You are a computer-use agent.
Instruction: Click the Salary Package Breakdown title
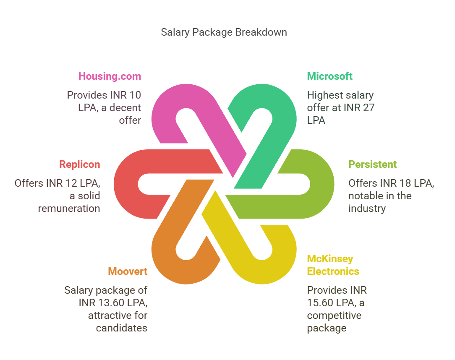click(224, 32)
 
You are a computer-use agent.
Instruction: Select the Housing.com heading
click(110, 76)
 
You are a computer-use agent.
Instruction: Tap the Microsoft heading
click(329, 76)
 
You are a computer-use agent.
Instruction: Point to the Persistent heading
click(372, 164)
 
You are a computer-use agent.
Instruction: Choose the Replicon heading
click(79, 164)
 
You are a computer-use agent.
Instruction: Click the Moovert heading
click(128, 271)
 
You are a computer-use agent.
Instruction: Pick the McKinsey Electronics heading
click(333, 265)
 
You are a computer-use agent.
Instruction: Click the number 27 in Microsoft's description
click(369, 108)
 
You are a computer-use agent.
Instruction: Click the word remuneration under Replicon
click(69, 209)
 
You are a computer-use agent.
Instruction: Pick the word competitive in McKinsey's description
click(334, 316)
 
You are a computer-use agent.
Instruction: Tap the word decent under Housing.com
click(125, 108)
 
